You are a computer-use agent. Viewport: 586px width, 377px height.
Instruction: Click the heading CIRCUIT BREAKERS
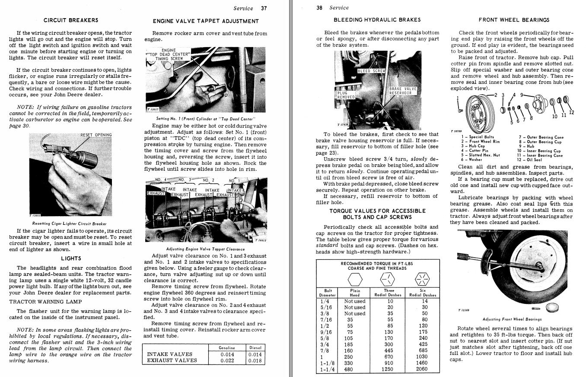(x=71, y=20)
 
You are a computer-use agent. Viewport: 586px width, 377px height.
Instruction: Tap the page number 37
(x=264, y=8)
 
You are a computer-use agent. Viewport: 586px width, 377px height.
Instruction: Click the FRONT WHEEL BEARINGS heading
(x=514, y=20)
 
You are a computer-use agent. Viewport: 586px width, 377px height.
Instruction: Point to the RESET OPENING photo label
(x=96, y=135)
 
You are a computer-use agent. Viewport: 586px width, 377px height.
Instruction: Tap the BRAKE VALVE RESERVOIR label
(x=403, y=91)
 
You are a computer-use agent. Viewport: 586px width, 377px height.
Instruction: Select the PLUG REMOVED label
(x=345, y=95)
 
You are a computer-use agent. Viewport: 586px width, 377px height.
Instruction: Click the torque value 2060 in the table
(x=421, y=369)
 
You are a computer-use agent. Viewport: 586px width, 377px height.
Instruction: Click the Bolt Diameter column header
(x=328, y=293)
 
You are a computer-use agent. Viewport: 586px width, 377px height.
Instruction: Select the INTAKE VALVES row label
(x=170, y=354)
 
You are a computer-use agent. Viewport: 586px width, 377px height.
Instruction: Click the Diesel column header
(x=255, y=348)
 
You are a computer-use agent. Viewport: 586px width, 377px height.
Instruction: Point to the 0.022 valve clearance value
(x=227, y=360)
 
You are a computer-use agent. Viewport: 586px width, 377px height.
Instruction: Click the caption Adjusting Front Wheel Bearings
(x=512, y=319)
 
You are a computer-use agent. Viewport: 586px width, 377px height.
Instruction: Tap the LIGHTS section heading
(x=71, y=258)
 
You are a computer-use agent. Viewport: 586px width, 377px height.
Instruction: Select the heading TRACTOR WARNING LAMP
(x=45, y=301)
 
